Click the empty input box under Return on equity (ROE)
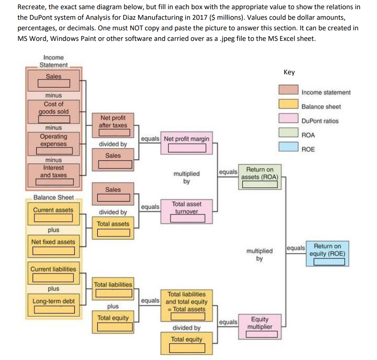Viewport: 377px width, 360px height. coord(329,262)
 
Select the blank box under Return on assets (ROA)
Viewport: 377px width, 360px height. coord(260,185)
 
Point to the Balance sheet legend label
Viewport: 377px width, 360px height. coord(321,107)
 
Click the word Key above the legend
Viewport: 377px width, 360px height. coord(289,72)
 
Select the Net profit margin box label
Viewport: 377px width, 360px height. coord(186,139)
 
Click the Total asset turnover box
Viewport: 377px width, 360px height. coord(186,208)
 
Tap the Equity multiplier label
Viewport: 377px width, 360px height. coord(260,323)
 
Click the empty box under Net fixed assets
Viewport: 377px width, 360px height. coord(53,251)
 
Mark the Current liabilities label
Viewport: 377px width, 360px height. coord(53,269)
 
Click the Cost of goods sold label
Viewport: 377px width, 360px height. coord(53,108)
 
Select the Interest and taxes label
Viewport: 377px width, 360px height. coord(53,172)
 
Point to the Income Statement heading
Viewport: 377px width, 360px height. coord(53,61)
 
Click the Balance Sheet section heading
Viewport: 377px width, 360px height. coord(53,197)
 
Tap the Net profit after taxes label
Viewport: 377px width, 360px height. coord(112,121)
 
